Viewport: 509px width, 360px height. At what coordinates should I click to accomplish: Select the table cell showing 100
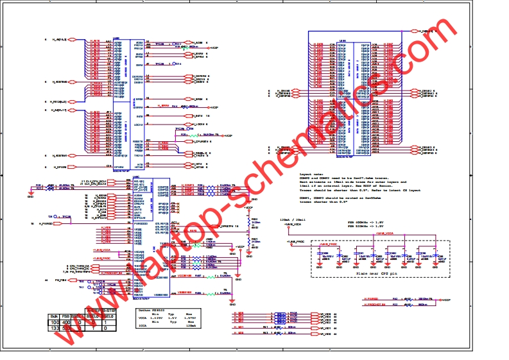[x=55, y=322]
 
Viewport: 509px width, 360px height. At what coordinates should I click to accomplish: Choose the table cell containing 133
[x=55, y=327]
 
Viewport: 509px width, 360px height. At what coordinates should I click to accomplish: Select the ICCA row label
[x=143, y=326]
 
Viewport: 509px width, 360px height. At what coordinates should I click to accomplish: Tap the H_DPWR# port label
[x=60, y=167]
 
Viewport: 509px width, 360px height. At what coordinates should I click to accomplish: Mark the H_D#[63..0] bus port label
[x=427, y=31]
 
